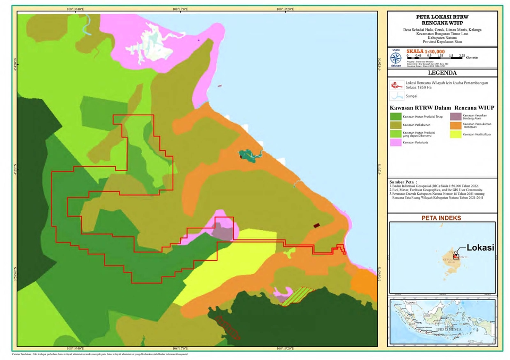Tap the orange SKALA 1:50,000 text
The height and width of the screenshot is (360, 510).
coord(426,51)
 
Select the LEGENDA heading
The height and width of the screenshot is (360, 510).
coord(442,73)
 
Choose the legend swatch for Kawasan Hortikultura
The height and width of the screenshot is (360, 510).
coord(455,134)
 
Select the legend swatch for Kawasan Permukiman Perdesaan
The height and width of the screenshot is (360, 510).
coord(455,125)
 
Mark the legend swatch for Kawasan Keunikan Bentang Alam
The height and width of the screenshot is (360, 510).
coord(455,116)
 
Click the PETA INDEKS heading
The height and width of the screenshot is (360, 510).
coord(441,218)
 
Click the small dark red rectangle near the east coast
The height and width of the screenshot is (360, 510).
coord(317,225)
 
